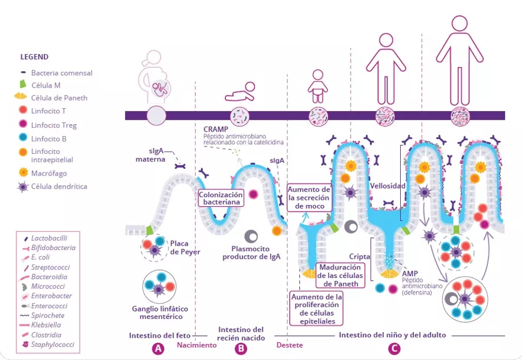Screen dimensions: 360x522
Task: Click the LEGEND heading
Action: (34, 57)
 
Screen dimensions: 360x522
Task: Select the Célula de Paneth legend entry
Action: (59, 98)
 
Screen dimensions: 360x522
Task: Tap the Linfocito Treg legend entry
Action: (54, 125)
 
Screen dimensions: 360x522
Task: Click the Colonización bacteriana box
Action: (221, 198)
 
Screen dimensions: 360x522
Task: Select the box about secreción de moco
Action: (309, 198)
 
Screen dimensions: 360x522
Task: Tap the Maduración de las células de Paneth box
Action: (340, 276)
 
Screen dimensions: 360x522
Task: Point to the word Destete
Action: (289, 345)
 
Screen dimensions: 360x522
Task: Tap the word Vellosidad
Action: (388, 186)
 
